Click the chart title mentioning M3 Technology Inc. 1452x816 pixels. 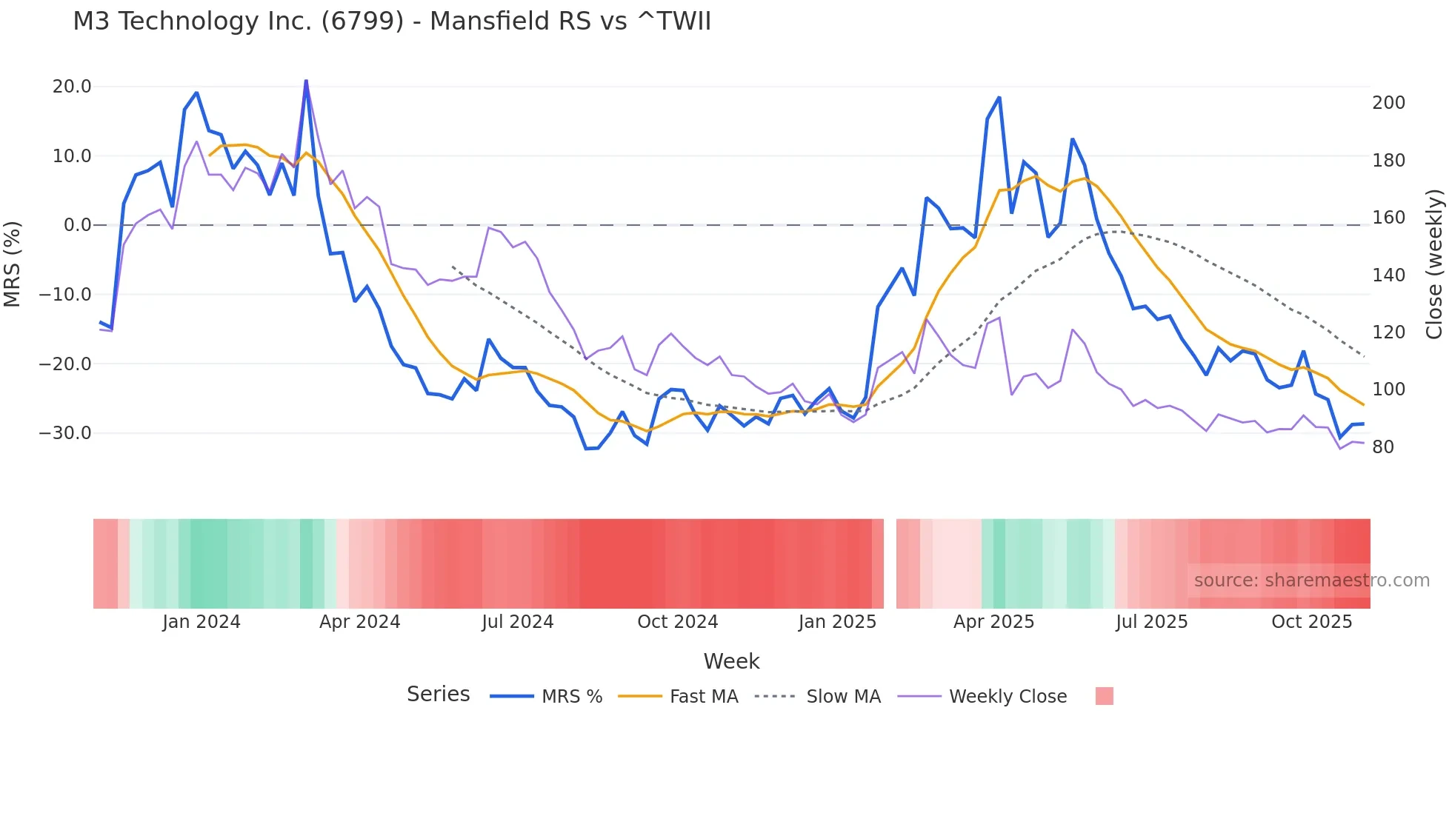(391, 21)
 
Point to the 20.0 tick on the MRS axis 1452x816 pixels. (72, 87)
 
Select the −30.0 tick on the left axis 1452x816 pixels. (65, 433)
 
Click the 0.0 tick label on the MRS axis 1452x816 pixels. (77, 225)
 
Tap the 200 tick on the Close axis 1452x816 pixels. (1388, 103)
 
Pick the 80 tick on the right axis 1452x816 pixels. (1383, 447)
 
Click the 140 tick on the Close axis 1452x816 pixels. (1388, 275)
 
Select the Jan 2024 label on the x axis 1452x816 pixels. (202, 622)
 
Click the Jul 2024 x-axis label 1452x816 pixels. (518, 622)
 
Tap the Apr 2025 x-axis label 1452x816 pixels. (993, 622)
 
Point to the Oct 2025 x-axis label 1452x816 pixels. (1311, 622)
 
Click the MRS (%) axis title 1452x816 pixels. (13, 264)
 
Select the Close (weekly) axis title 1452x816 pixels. (1434, 264)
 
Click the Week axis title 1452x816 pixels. (731, 661)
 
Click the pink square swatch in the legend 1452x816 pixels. (1104, 697)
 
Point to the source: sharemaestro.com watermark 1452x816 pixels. (1311, 581)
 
